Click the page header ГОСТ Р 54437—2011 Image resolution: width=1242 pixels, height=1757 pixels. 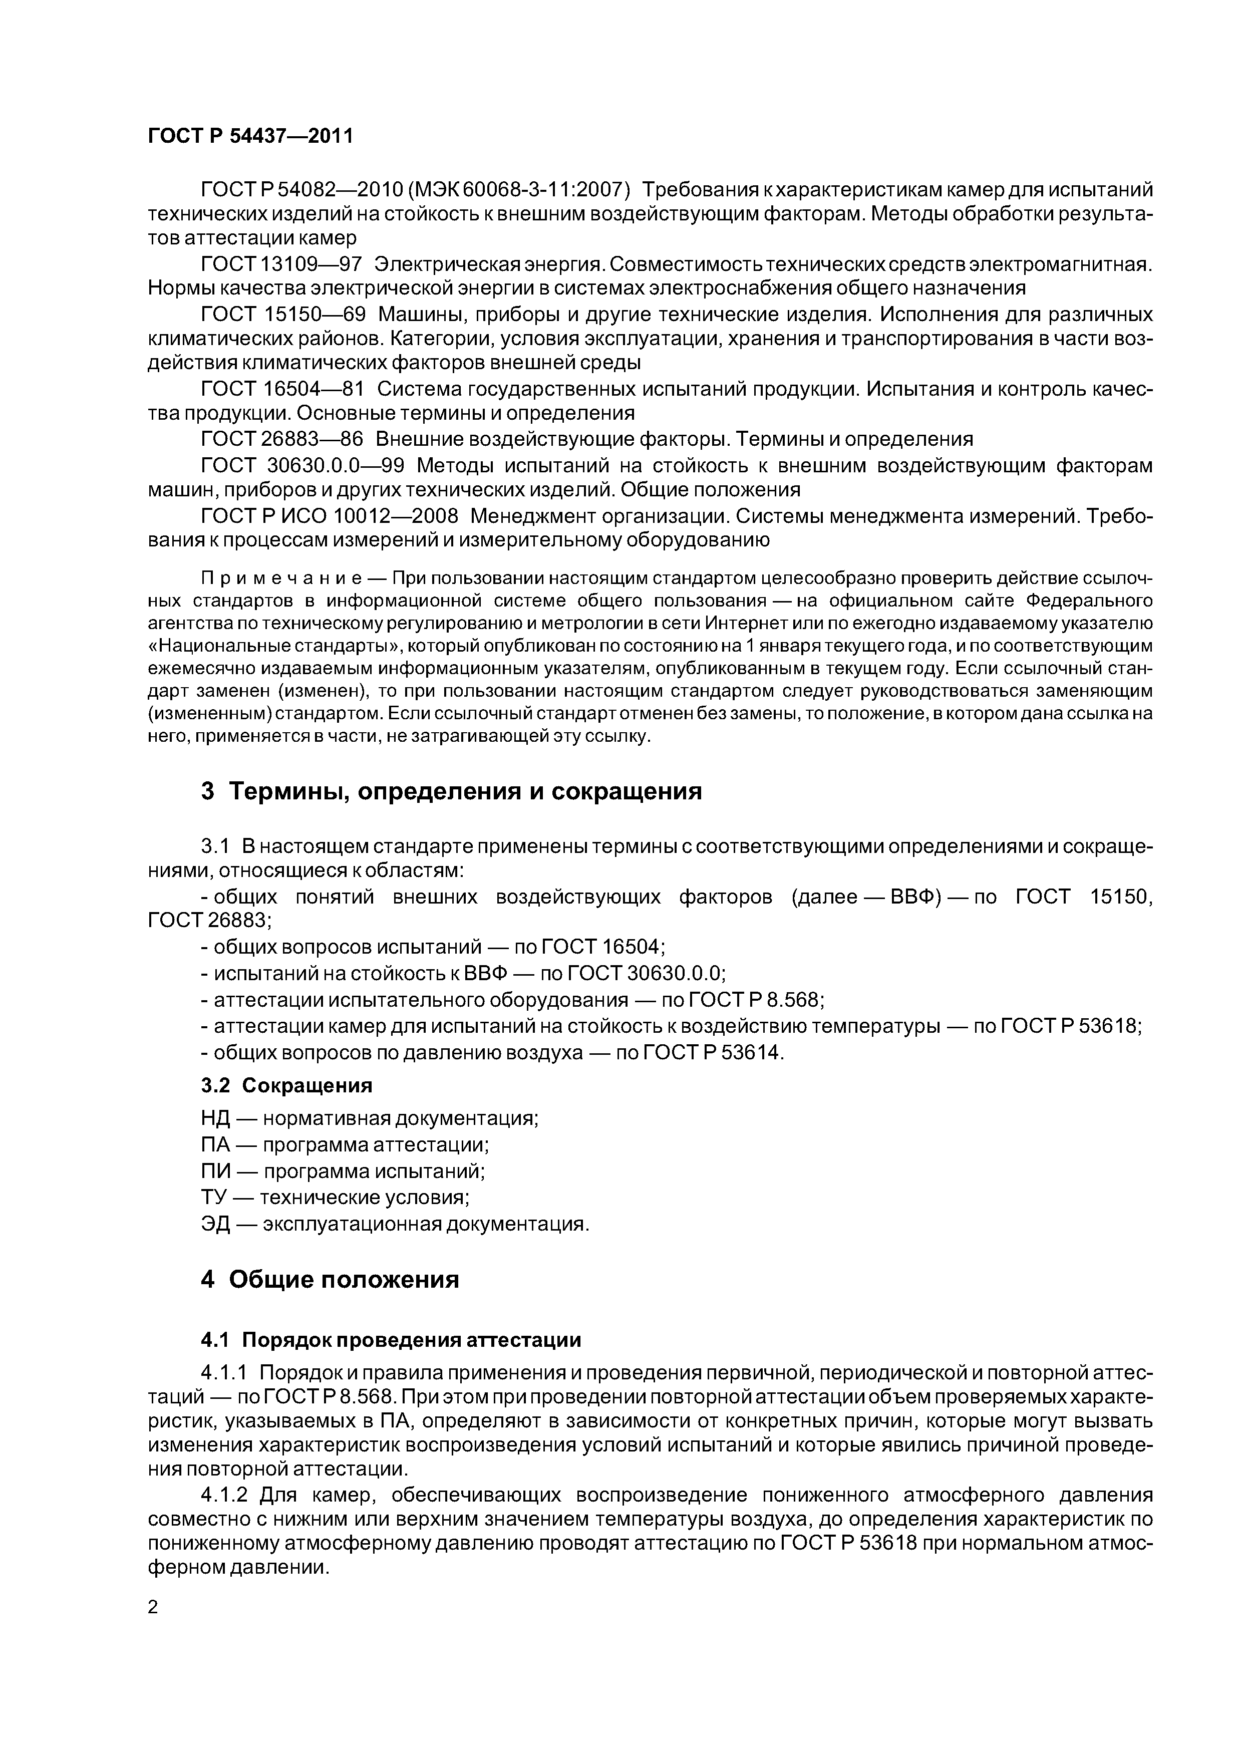[250, 136]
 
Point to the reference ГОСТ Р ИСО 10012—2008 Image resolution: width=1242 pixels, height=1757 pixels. [329, 516]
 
